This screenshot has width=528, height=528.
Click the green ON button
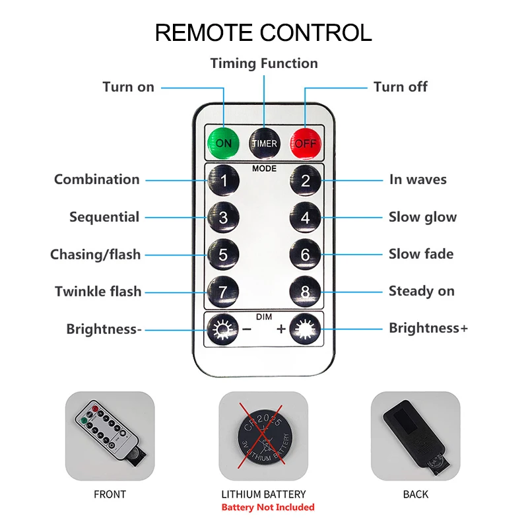224,142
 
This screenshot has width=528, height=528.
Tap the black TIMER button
264,142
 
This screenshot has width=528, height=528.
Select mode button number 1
224,180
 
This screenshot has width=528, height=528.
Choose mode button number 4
305,217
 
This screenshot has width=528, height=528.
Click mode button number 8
305,291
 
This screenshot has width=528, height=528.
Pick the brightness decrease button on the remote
220,328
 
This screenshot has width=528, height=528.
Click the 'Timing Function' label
264,63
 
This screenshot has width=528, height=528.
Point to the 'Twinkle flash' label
98,291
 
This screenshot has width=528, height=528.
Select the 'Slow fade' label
421,254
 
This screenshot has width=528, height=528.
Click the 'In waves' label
418,180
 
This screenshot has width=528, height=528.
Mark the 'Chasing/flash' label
96,254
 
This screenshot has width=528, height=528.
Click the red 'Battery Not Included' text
268,508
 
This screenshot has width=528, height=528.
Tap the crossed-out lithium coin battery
263,436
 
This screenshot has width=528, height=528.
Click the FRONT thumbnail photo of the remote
110,436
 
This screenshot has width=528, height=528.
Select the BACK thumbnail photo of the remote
415,436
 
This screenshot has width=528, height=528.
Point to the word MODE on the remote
264,168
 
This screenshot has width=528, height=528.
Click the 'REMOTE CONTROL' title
263,32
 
